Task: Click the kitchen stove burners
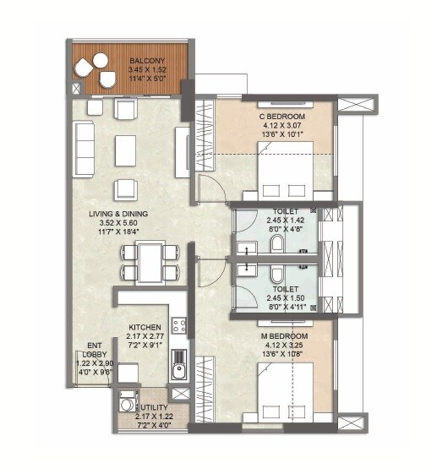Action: tap(178, 324)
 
